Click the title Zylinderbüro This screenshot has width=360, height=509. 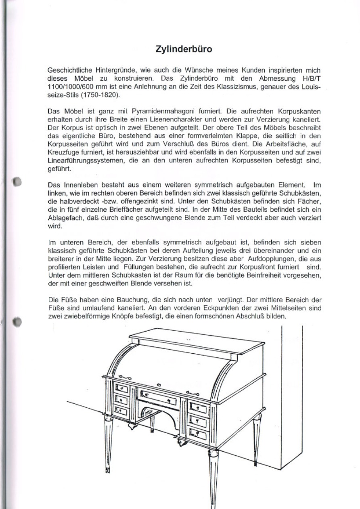click(184, 50)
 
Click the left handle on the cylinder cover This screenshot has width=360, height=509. click(124, 377)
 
